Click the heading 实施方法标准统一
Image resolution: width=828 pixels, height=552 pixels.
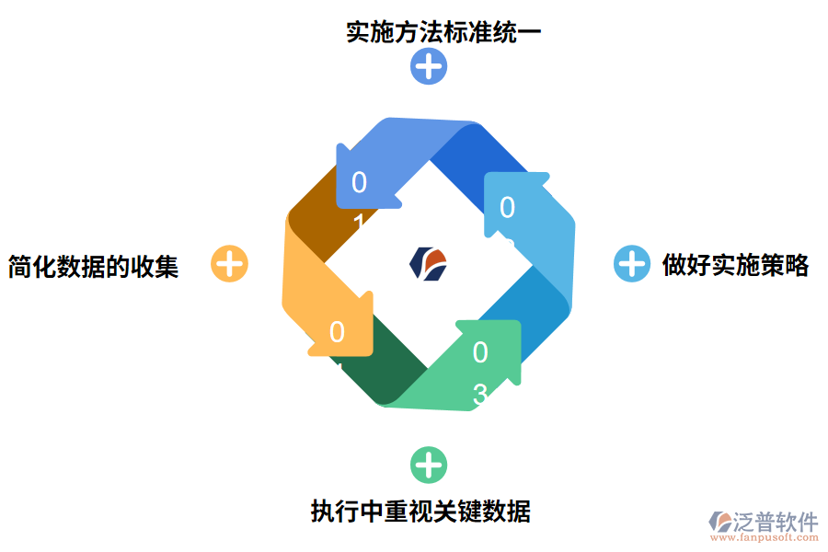(x=443, y=31)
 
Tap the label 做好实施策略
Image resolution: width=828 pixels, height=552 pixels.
(x=735, y=265)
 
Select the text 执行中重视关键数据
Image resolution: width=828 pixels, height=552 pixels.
(x=420, y=510)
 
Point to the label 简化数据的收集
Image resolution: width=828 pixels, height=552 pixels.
(x=93, y=266)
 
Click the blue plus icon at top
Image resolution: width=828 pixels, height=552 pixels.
(x=429, y=66)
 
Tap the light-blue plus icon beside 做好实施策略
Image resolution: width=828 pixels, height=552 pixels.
(x=631, y=264)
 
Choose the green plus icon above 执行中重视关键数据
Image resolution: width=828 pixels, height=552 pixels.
(x=428, y=466)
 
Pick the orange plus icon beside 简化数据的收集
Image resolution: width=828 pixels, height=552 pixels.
(x=229, y=264)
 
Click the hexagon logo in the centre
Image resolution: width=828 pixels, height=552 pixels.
(x=429, y=263)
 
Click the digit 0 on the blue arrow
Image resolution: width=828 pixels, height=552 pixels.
(x=359, y=183)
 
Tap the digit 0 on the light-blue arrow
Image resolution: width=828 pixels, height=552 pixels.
(x=507, y=208)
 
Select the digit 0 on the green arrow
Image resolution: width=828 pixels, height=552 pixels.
(x=480, y=352)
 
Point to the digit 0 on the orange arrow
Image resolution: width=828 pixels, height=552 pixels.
(x=337, y=332)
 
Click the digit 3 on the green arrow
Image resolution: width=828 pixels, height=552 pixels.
(x=480, y=394)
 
